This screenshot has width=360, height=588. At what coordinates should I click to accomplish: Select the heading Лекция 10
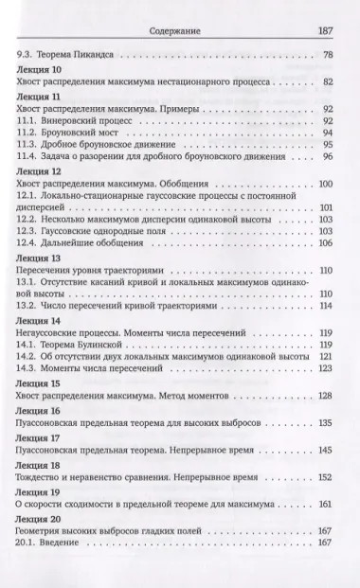tap(40, 69)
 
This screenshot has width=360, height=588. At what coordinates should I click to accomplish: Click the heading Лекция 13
tap(40, 258)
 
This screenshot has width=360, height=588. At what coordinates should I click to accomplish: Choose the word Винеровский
tap(73, 120)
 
